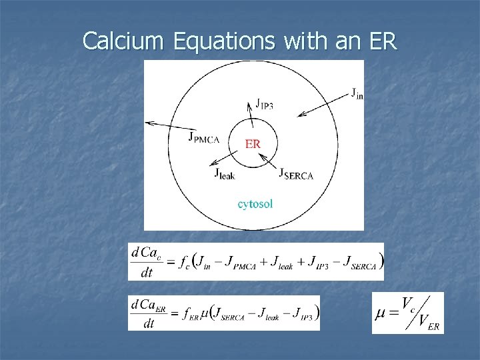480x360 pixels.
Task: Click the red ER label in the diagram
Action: point(253,143)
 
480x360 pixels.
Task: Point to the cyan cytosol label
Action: point(255,203)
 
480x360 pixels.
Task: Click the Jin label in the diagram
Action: point(357,93)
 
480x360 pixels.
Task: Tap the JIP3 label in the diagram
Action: point(267,104)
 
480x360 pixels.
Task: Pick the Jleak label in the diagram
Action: point(224,173)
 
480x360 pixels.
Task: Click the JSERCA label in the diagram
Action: point(295,174)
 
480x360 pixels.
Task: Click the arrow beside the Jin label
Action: point(323,106)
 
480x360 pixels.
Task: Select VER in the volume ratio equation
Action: point(428,323)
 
